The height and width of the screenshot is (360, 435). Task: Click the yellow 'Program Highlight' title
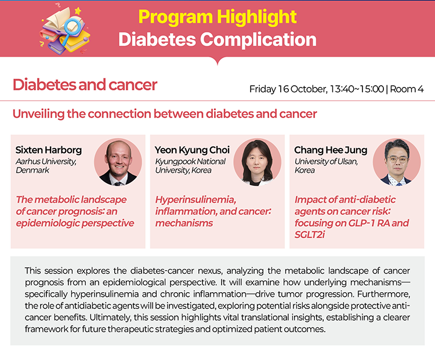click(217, 17)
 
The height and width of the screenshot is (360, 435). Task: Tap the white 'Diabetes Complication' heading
click(217, 39)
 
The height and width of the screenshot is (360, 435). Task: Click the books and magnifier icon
click(65, 30)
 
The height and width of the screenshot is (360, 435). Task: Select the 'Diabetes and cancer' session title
click(85, 85)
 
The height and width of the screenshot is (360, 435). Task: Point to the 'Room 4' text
click(407, 89)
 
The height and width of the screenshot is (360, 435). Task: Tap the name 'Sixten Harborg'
click(49, 150)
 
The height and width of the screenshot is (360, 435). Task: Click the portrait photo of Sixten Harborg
click(118, 162)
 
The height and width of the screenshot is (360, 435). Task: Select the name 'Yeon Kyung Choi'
click(192, 150)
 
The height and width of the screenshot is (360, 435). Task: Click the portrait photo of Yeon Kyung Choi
click(258, 162)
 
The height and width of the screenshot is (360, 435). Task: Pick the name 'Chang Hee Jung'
click(331, 150)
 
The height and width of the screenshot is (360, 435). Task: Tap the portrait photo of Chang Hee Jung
click(397, 162)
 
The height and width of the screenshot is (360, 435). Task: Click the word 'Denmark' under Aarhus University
click(32, 170)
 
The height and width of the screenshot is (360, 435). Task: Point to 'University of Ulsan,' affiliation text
click(326, 161)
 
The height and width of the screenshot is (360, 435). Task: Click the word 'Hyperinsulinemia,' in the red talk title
click(196, 199)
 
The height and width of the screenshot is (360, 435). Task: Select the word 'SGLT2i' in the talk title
click(310, 235)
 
